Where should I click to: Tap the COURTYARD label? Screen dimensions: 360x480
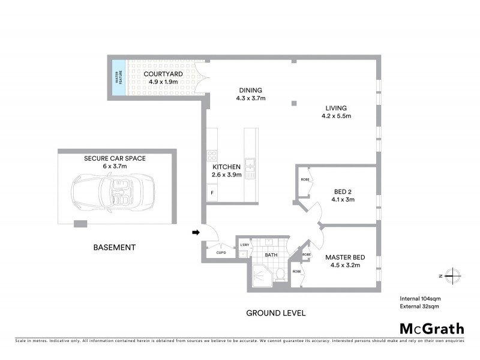tap(163, 74)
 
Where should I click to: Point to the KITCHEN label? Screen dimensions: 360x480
tap(227, 167)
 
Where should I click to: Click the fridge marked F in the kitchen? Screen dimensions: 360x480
tap(212, 193)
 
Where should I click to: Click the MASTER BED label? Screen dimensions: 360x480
tap(345, 257)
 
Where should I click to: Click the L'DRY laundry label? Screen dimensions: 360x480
tap(244, 244)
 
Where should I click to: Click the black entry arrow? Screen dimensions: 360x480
tap(196, 232)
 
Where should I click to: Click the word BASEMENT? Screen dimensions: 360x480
tap(114, 247)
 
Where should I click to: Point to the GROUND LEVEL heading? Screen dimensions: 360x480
tap(276, 313)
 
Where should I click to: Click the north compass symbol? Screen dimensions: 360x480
tap(454, 275)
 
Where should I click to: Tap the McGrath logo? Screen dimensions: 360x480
tap(431, 328)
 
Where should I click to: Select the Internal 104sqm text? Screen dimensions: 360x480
tap(421, 298)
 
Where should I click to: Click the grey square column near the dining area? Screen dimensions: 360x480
tap(294, 103)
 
